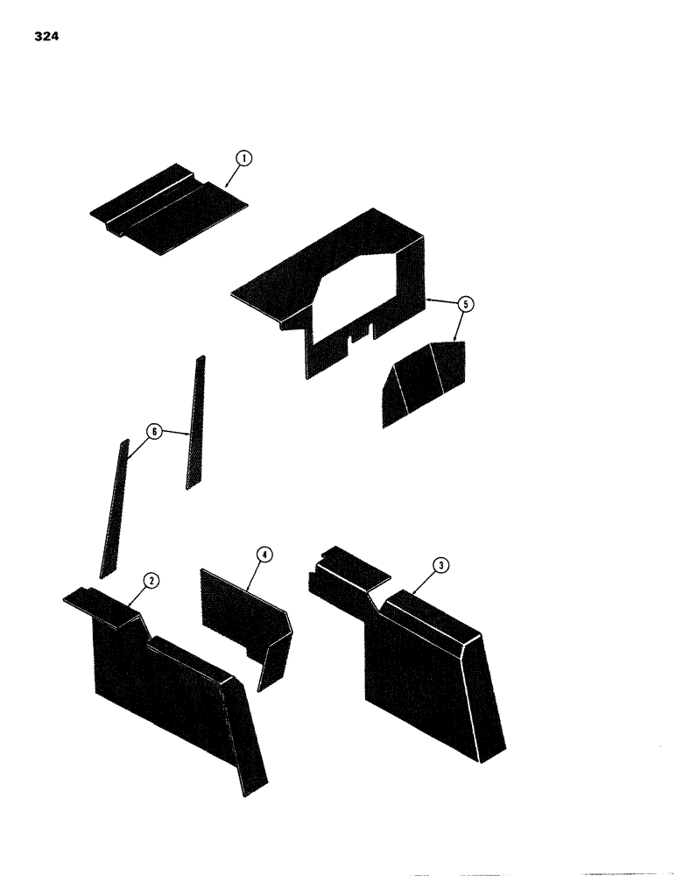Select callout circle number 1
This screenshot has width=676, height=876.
coord(244,159)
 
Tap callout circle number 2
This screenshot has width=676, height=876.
coord(151,581)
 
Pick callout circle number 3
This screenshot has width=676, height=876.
coord(442,566)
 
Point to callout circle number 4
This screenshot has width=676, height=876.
coord(262,554)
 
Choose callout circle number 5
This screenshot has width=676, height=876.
coord(466,304)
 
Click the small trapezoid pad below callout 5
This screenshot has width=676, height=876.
coord(422,378)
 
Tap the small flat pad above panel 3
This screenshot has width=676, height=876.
coord(355,567)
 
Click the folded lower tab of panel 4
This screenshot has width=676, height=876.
coord(276,657)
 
